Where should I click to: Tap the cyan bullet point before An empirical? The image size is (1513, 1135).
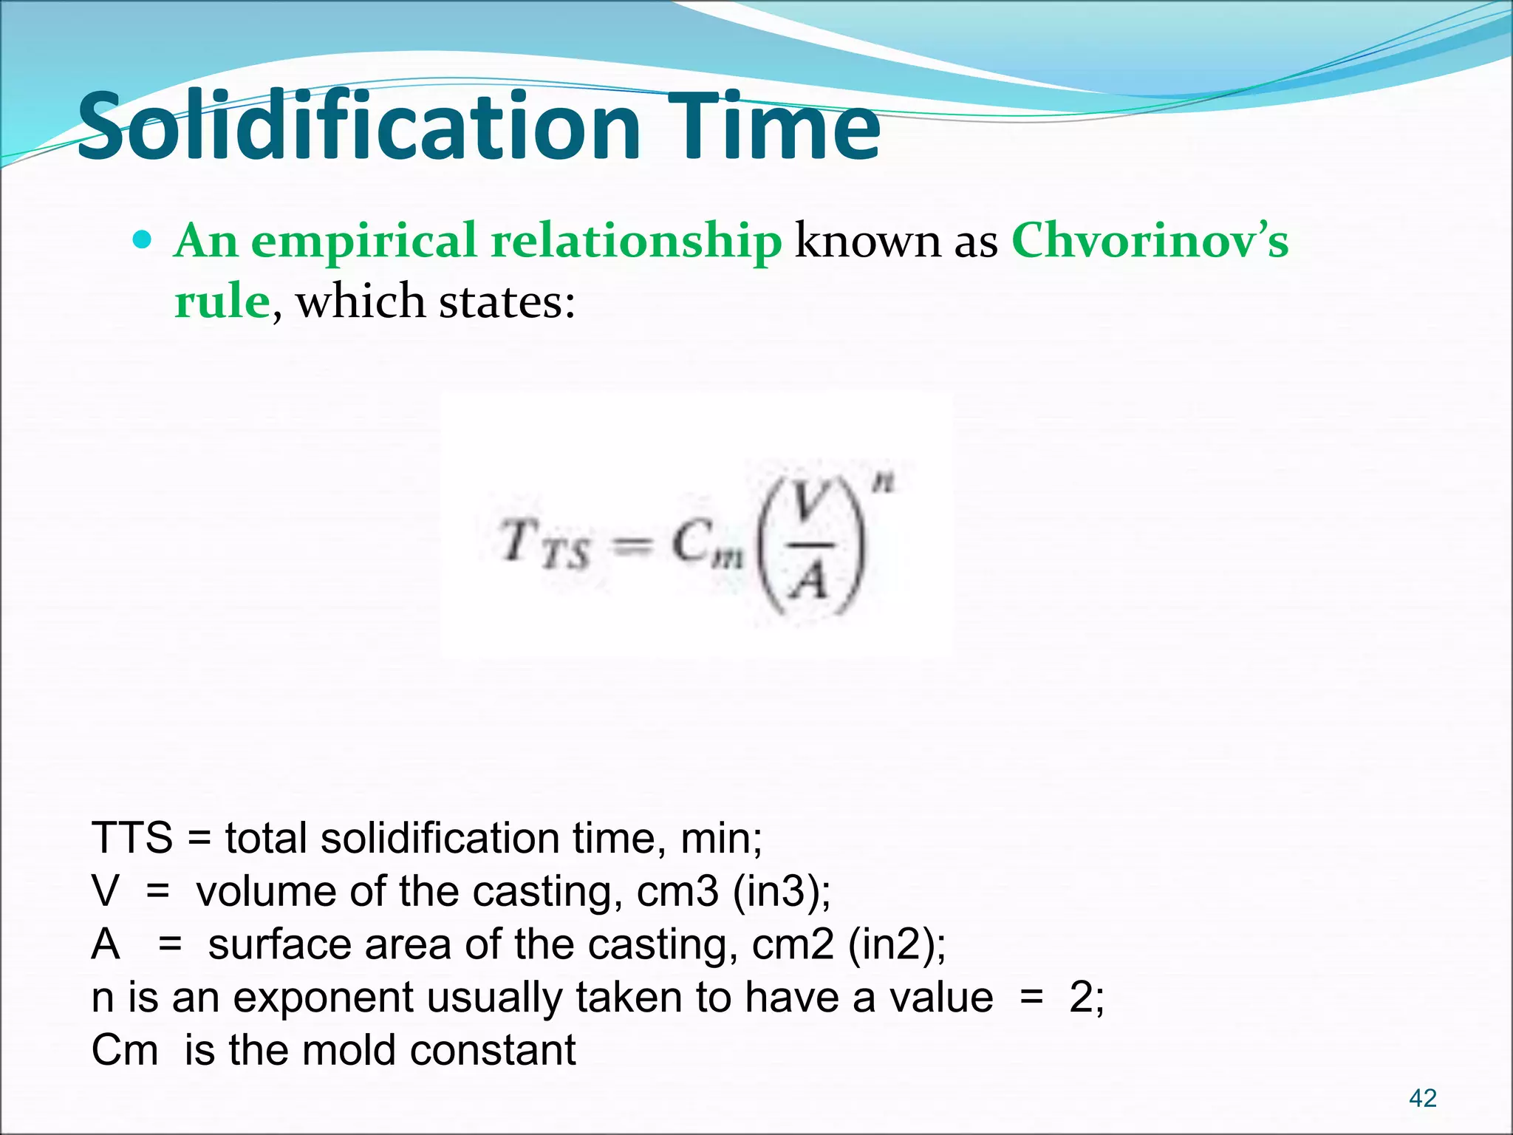pos(143,240)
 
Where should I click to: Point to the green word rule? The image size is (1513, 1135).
pos(222,303)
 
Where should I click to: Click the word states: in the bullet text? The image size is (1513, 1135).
pos(507,303)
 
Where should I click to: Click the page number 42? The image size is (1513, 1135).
pos(1422,1098)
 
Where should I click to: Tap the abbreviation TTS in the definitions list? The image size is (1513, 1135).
pos(132,839)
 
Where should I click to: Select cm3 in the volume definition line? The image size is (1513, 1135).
pos(677,892)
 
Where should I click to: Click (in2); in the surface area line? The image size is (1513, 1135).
pos(896,945)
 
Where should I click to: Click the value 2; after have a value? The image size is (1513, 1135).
pos(1087,998)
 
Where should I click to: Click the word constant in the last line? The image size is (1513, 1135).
pos(492,1051)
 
